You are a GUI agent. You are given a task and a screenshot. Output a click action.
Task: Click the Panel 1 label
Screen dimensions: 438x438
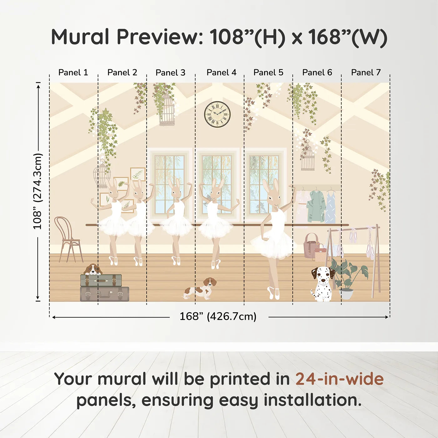pos(73,73)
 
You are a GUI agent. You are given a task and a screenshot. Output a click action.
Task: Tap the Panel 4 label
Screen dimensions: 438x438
pos(222,73)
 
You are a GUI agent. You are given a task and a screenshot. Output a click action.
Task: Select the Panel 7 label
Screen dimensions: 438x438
pos(366,73)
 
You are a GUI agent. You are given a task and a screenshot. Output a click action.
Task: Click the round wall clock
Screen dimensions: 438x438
pos(217,114)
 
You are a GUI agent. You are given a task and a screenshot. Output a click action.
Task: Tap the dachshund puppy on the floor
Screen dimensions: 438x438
pos(200,288)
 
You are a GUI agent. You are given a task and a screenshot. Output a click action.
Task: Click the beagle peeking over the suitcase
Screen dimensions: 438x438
pos(93,269)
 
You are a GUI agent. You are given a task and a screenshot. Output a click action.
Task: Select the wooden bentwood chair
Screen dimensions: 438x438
pos(69,239)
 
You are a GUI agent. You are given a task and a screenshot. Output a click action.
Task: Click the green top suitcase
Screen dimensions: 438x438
pos(101,280)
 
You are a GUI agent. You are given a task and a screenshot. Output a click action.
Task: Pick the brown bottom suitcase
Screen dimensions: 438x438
pos(104,294)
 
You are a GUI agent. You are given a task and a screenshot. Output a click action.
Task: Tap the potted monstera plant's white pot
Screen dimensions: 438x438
pos(346,294)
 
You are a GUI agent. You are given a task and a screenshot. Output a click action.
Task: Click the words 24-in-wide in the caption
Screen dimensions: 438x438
pos(339,379)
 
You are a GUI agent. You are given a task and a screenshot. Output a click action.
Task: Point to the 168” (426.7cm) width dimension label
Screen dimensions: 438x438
pos(218,316)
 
